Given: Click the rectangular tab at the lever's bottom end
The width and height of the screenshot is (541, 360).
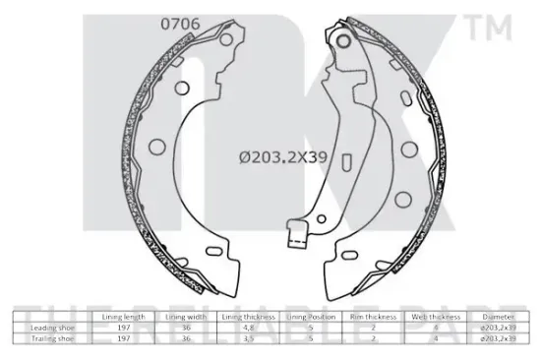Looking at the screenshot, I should [x=292, y=237].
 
